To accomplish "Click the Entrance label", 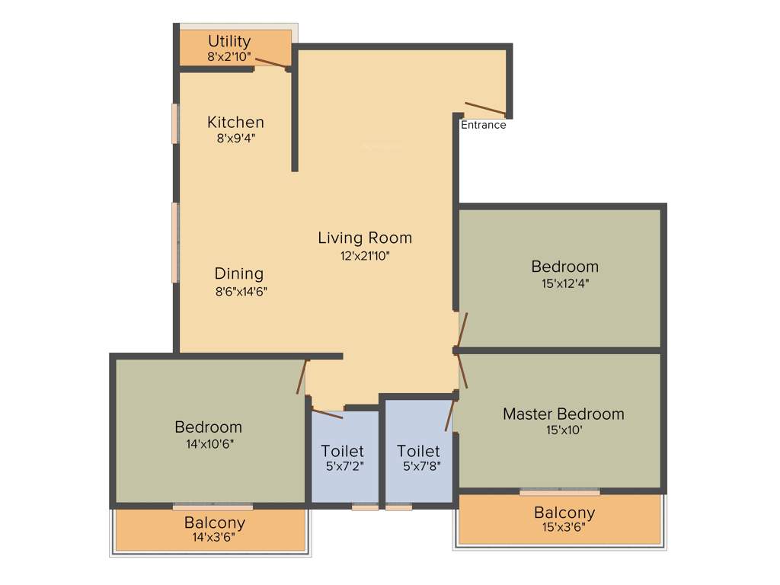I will [x=483, y=125].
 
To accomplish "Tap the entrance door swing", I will [x=484, y=109].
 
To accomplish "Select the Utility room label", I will [x=229, y=41].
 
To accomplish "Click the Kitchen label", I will [x=235, y=122].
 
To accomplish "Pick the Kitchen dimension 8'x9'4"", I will [x=235, y=138].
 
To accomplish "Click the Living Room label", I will [x=365, y=238].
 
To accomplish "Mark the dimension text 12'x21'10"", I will [x=365, y=256].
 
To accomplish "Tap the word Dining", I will [x=238, y=273].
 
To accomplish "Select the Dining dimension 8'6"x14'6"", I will [x=240, y=290].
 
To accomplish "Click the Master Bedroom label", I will [x=563, y=414].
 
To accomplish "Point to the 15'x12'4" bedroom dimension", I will [x=564, y=283].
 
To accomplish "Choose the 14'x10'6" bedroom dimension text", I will [x=208, y=443].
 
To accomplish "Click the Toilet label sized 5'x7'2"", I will [x=342, y=451].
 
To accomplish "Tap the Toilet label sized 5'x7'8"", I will [x=418, y=451].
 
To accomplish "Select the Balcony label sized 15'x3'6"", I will [x=564, y=513].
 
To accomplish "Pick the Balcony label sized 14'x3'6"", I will [x=214, y=523].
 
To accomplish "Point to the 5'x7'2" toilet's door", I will [x=328, y=414].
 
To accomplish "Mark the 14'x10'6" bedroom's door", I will [x=302, y=376].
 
